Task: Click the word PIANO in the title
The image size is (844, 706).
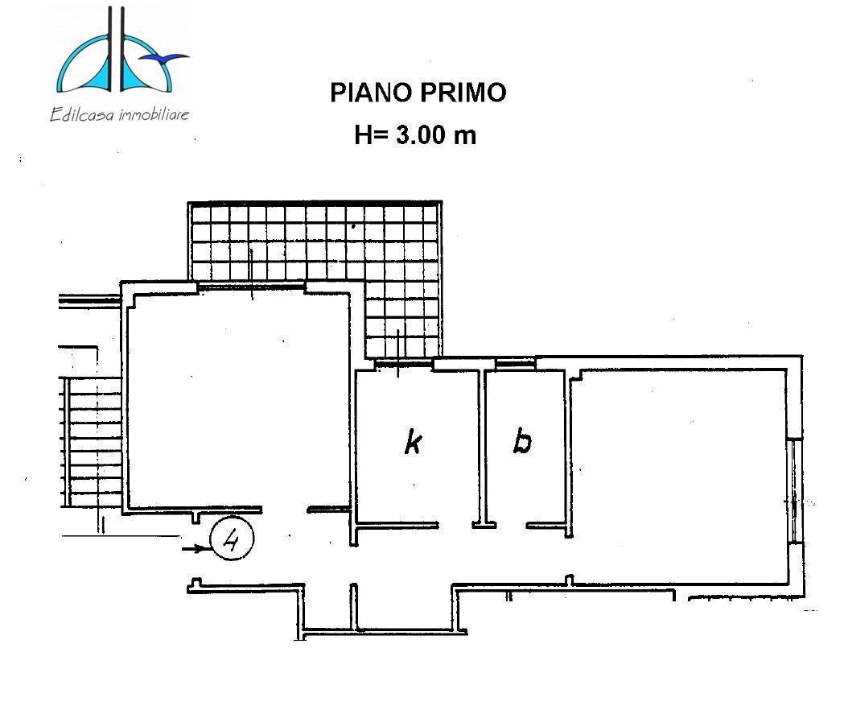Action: [369, 93]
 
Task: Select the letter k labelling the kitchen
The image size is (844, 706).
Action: [414, 442]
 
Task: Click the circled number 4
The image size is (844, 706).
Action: [232, 539]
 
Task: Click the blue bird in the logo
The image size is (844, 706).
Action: [171, 57]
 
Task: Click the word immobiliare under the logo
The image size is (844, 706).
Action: [154, 114]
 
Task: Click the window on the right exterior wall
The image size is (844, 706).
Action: [794, 490]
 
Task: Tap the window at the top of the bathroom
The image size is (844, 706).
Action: [515, 365]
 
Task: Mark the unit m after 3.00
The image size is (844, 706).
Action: [466, 134]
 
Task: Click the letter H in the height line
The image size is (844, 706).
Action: [364, 134]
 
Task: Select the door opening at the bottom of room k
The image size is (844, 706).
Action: [455, 526]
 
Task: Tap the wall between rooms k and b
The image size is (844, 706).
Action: [483, 447]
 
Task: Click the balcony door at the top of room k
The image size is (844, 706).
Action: [397, 365]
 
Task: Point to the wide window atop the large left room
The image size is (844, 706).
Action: [251, 286]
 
